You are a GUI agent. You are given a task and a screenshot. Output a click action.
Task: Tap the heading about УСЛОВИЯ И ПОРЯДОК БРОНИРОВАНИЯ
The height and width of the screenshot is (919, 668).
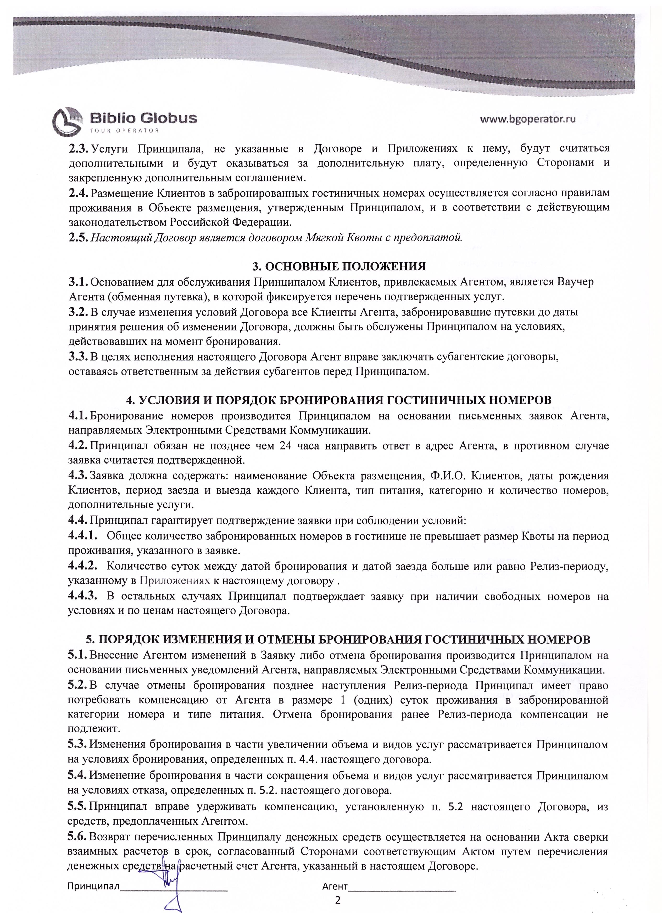click(339, 400)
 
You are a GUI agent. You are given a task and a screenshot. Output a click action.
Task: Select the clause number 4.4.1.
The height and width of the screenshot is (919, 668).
click(83, 536)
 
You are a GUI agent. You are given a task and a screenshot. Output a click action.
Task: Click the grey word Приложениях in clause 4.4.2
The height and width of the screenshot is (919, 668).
click(175, 581)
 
